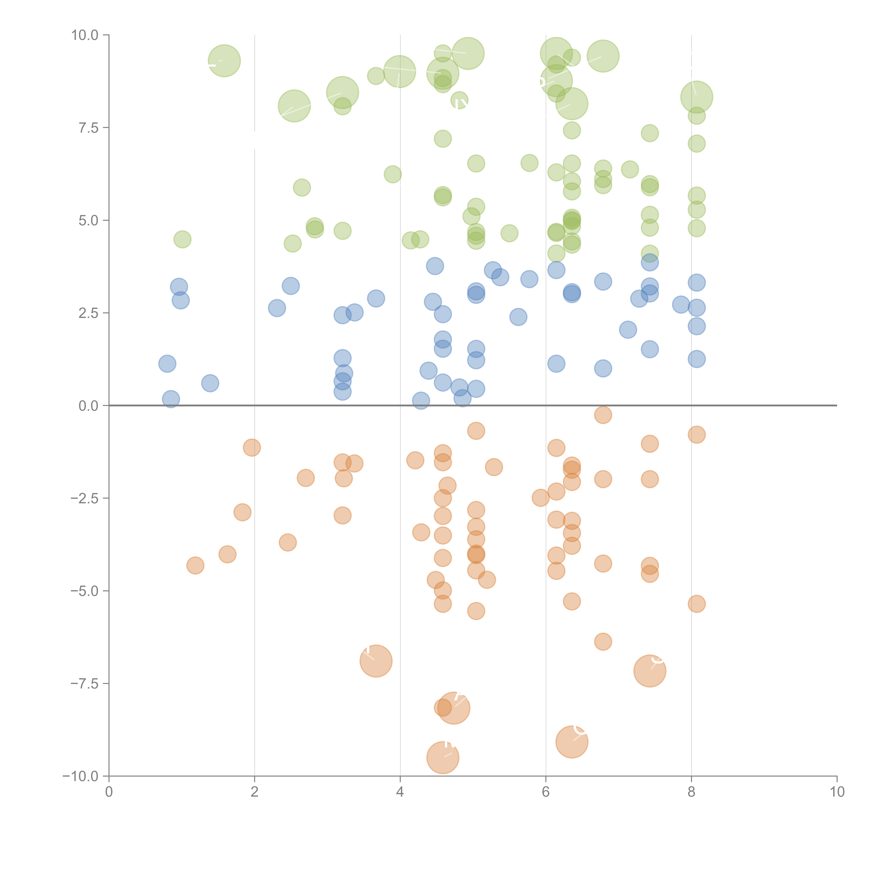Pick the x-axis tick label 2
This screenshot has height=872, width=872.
(x=255, y=792)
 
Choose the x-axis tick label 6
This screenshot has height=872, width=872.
(x=546, y=792)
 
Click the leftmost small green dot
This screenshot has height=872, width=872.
(x=182, y=239)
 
